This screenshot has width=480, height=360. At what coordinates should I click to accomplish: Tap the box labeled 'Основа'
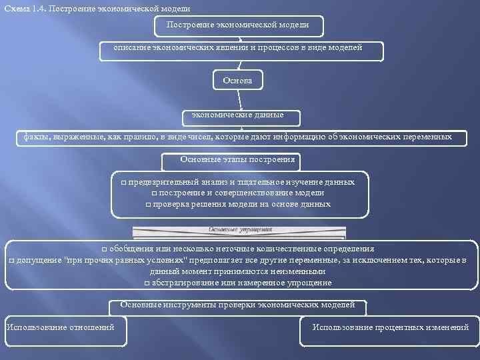tap(238, 81)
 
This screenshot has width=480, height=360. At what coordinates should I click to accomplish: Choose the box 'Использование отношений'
tap(64, 327)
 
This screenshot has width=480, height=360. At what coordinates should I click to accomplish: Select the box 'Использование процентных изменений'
tap(390, 327)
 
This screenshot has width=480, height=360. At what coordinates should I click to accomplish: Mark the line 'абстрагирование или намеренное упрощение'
tap(241, 283)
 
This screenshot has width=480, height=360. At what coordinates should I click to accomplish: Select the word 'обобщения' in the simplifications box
tap(130, 248)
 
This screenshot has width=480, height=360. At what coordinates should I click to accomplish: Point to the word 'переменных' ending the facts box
tap(426, 137)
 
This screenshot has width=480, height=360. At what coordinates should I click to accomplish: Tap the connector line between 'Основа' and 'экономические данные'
tap(239, 100)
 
